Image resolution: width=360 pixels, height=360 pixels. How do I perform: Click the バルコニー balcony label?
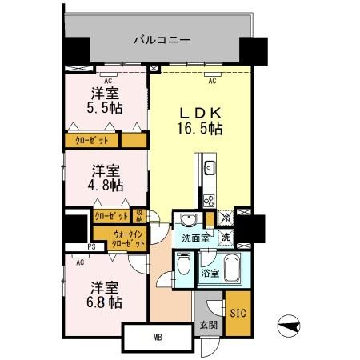pyautogui.click(x=155, y=38)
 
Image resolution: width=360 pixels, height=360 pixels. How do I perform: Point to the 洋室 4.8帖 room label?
pyautogui.click(x=106, y=177)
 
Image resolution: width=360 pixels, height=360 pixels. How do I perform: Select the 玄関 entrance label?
pyautogui.click(x=208, y=325)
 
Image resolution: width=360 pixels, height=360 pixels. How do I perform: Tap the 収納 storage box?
pyautogui.click(x=138, y=215)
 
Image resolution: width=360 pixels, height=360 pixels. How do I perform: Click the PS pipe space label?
pyautogui.click(x=91, y=246)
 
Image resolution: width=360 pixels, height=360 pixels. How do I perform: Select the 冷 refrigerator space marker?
pyautogui.click(x=226, y=218)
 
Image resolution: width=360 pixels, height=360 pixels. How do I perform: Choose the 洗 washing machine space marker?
pyautogui.click(x=226, y=237)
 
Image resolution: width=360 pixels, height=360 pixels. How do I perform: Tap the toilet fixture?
pyautogui.click(x=182, y=268)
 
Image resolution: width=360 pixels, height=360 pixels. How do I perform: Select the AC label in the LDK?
pyautogui.click(x=213, y=81)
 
